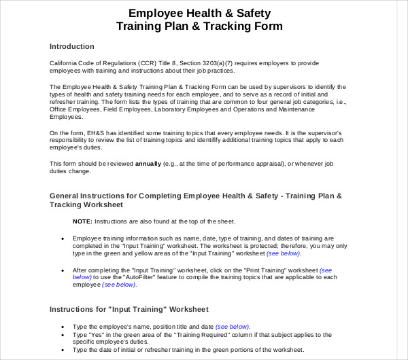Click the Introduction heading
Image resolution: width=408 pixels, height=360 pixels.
click(x=72, y=47)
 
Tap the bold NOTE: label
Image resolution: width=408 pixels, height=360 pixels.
click(x=82, y=221)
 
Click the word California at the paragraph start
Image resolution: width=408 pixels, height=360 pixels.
click(x=65, y=62)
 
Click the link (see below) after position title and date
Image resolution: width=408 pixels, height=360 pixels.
click(x=232, y=326)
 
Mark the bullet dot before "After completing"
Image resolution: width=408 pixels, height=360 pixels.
click(x=63, y=270)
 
